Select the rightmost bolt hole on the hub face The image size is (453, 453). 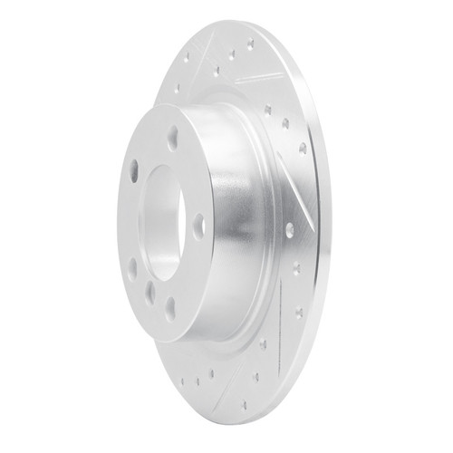[198, 226]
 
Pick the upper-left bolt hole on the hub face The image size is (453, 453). [134, 169]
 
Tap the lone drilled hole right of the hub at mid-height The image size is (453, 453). [289, 230]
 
